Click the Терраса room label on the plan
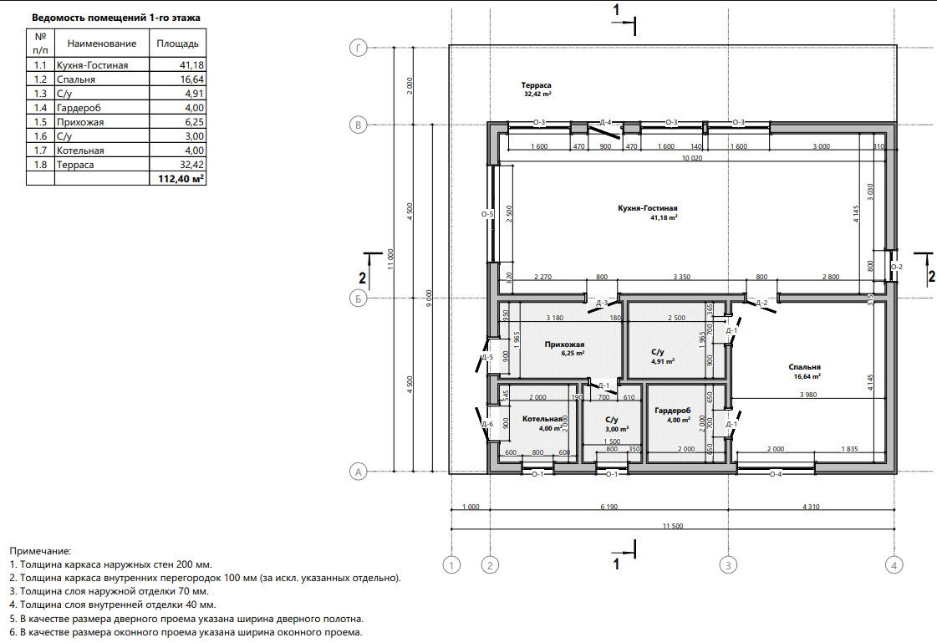pyautogui.click(x=536, y=85)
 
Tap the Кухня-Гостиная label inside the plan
pyautogui.click(x=648, y=208)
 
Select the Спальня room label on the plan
pyautogui.click(x=804, y=367)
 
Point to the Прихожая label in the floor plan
pyautogui.click(x=565, y=344)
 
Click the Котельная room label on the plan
pyautogui.click(x=542, y=419)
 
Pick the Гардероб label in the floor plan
pyautogui.click(x=672, y=411)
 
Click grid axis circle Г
pyautogui.click(x=358, y=48)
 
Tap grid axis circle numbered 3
pyautogui.click(x=728, y=564)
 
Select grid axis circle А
pyautogui.click(x=358, y=472)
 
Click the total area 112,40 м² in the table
pyautogui.click(x=181, y=179)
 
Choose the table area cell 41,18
pyautogui.click(x=191, y=65)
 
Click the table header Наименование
pyautogui.click(x=102, y=43)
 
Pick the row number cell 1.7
pyautogui.click(x=40, y=151)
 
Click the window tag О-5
pyautogui.click(x=487, y=214)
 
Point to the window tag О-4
pyautogui.click(x=775, y=474)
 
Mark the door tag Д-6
pyautogui.click(x=487, y=424)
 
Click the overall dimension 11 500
pyautogui.click(x=673, y=526)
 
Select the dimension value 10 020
pyautogui.click(x=692, y=158)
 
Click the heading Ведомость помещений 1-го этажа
pyautogui.click(x=116, y=18)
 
